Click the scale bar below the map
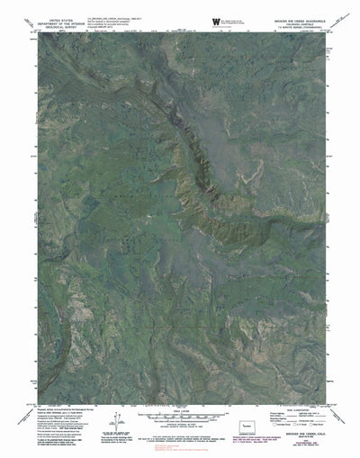pos(180,421)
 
